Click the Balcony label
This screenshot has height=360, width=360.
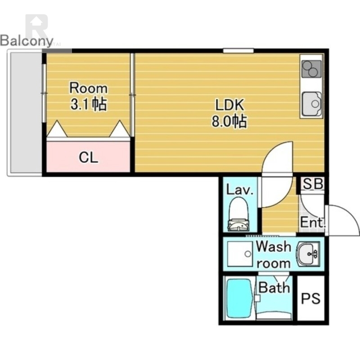tap(27, 41)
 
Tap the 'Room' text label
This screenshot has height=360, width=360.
tap(88, 88)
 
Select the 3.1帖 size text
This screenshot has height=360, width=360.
tap(88, 104)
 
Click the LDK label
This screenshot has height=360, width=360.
tap(229, 105)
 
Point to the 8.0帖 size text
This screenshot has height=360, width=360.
tap(229, 121)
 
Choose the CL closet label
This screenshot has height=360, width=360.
tap(88, 158)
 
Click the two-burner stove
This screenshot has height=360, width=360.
tap(311, 69)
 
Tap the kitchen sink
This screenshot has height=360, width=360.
tap(312, 104)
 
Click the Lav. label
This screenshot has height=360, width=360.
tap(239, 190)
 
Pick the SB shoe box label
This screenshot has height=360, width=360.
tap(313, 184)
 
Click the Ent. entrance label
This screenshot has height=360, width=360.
tap(313, 222)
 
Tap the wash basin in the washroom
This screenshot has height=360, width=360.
tap(308, 254)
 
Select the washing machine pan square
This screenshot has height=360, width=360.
tap(240, 254)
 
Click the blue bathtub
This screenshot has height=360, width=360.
tap(239, 298)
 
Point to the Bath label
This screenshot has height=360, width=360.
tap(274, 287)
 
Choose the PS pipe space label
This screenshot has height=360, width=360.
tap(310, 298)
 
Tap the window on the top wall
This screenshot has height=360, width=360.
tap(238, 50)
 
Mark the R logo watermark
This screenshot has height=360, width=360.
tap(37, 27)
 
